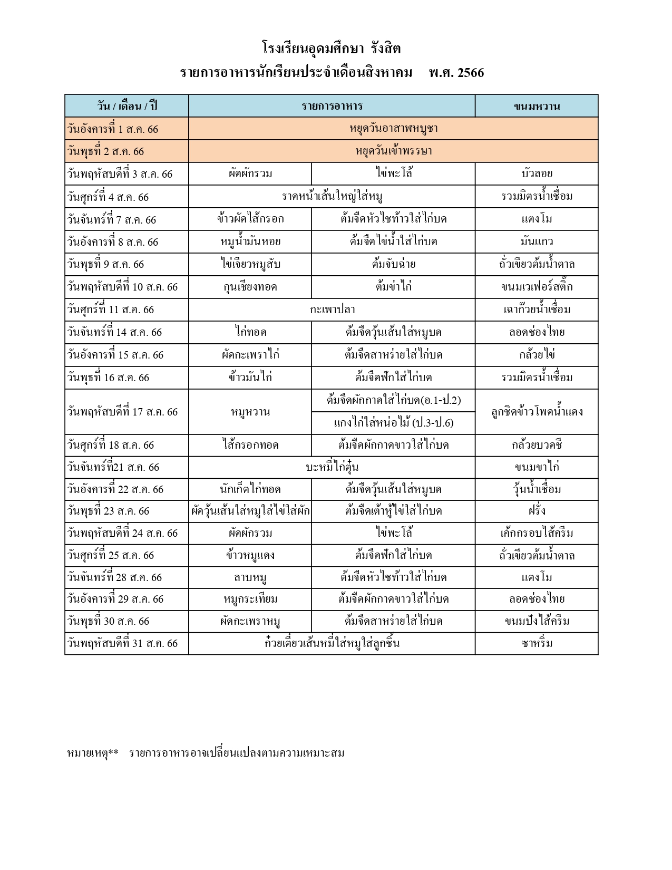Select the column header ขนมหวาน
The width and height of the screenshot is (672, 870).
click(537, 106)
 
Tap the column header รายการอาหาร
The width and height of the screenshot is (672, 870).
click(332, 106)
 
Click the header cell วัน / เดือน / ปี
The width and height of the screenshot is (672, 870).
click(127, 106)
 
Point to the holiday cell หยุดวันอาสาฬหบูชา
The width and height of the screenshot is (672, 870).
click(393, 129)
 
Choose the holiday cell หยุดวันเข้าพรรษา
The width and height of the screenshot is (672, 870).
click(393, 151)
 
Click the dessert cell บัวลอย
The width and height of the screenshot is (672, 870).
click(537, 173)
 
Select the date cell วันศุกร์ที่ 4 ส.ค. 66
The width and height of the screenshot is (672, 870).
click(108, 197)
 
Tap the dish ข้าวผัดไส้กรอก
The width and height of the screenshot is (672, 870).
click(250, 219)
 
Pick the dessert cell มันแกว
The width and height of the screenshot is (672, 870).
click(537, 242)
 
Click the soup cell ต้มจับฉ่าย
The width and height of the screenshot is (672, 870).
click(393, 264)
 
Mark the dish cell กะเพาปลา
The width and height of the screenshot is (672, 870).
click(332, 310)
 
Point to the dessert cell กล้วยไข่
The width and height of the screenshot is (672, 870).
click(537, 355)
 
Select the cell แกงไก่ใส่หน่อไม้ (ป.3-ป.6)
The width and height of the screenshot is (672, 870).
click(393, 423)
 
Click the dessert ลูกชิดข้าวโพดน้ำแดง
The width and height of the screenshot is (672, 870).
click(537, 412)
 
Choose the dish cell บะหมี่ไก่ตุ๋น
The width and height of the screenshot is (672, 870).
click(332, 467)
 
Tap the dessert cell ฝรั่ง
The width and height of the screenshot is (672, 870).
click(537, 511)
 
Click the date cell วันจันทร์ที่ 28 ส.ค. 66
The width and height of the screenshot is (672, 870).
click(115, 577)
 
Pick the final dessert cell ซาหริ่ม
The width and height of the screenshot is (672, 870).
click(537, 643)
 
